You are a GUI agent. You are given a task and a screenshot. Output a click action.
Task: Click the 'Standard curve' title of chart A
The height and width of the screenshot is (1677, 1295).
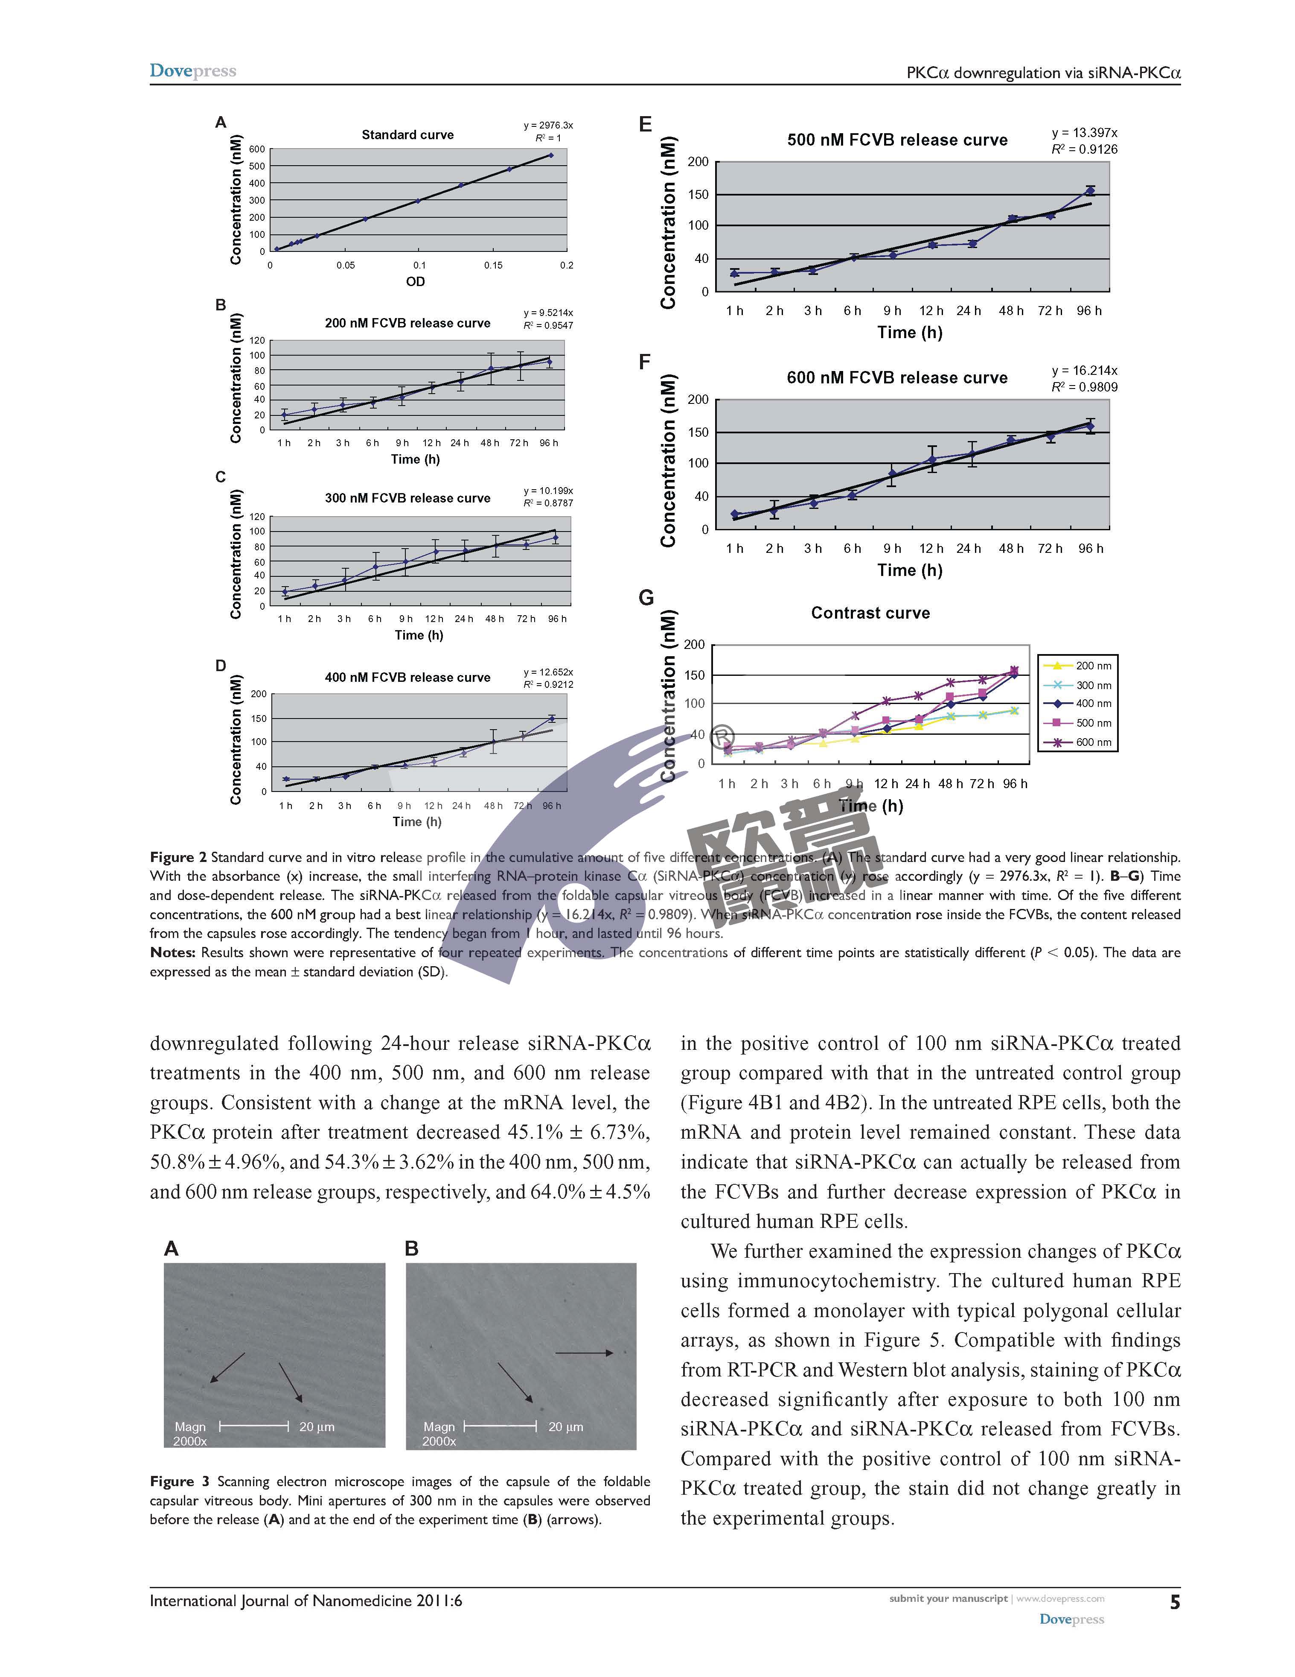pos(407,135)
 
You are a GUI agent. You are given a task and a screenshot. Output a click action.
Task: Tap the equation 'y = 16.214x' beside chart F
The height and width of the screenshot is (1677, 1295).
pos(1084,370)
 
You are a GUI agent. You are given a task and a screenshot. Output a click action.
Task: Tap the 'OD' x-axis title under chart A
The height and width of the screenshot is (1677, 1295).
pos(415,282)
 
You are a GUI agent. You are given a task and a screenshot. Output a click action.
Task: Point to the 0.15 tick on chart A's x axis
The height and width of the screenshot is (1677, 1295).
pos(493,266)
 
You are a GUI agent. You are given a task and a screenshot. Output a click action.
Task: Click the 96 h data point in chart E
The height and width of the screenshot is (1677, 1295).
pos(1089,190)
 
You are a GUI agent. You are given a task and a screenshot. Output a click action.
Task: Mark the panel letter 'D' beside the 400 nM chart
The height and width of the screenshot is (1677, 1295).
pos(220,666)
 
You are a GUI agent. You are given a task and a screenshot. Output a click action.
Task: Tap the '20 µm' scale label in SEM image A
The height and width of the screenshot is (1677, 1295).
pos(316,1427)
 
